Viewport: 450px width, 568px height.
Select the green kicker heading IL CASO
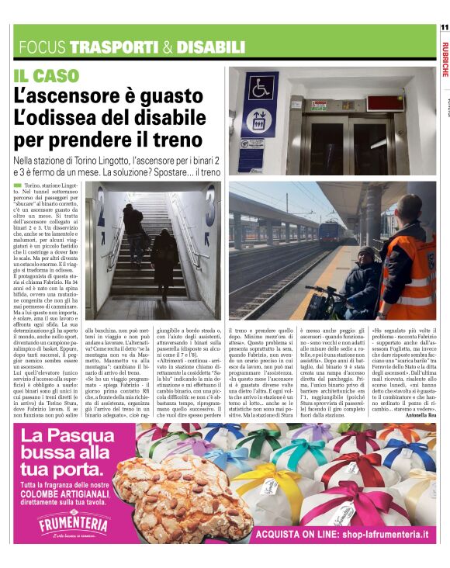[46, 76]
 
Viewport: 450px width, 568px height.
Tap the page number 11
[444, 27]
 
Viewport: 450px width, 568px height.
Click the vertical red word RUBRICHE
[444, 59]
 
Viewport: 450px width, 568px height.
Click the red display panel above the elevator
[385, 102]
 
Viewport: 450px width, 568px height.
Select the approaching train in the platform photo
[331, 232]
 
